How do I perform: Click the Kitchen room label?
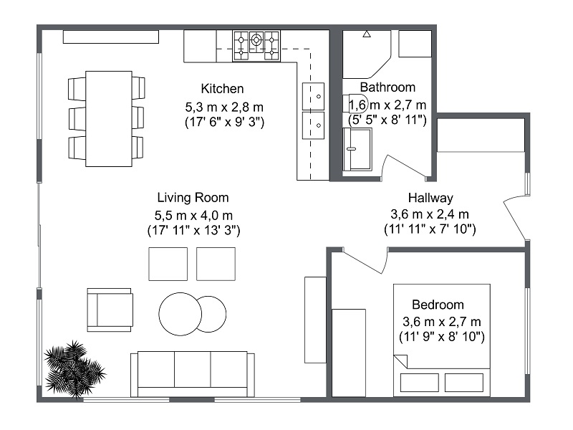(x=223, y=89)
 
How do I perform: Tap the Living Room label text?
(x=193, y=198)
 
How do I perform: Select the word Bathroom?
(x=387, y=87)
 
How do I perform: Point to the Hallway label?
(x=430, y=198)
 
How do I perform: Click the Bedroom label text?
(x=438, y=305)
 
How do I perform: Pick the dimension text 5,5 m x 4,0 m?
(x=193, y=214)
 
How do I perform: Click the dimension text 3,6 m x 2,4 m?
(x=430, y=214)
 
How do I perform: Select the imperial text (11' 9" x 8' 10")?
(x=441, y=335)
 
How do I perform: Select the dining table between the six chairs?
(x=108, y=118)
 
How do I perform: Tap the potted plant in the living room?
(x=73, y=366)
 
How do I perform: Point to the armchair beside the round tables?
(x=110, y=310)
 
